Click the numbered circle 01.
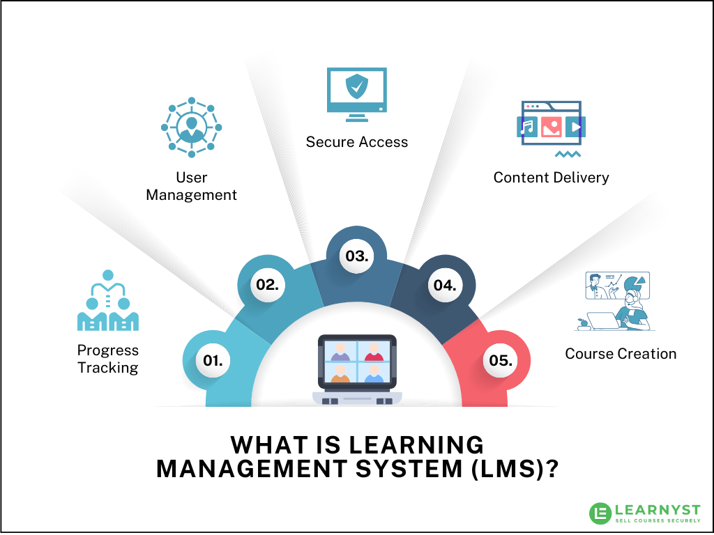[x=213, y=360]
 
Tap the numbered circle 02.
[x=268, y=284]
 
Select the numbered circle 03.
[x=357, y=256]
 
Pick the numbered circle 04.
[x=445, y=285]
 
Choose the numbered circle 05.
[x=501, y=361]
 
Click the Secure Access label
[x=357, y=142]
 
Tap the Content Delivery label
[x=551, y=178]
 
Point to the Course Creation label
[x=621, y=354]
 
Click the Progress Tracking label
[x=108, y=359]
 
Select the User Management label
[x=191, y=187]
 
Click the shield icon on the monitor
[x=357, y=87]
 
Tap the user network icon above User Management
[x=191, y=127]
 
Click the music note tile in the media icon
[x=528, y=127]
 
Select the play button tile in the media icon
[x=575, y=127]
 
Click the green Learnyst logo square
[x=600, y=513]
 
